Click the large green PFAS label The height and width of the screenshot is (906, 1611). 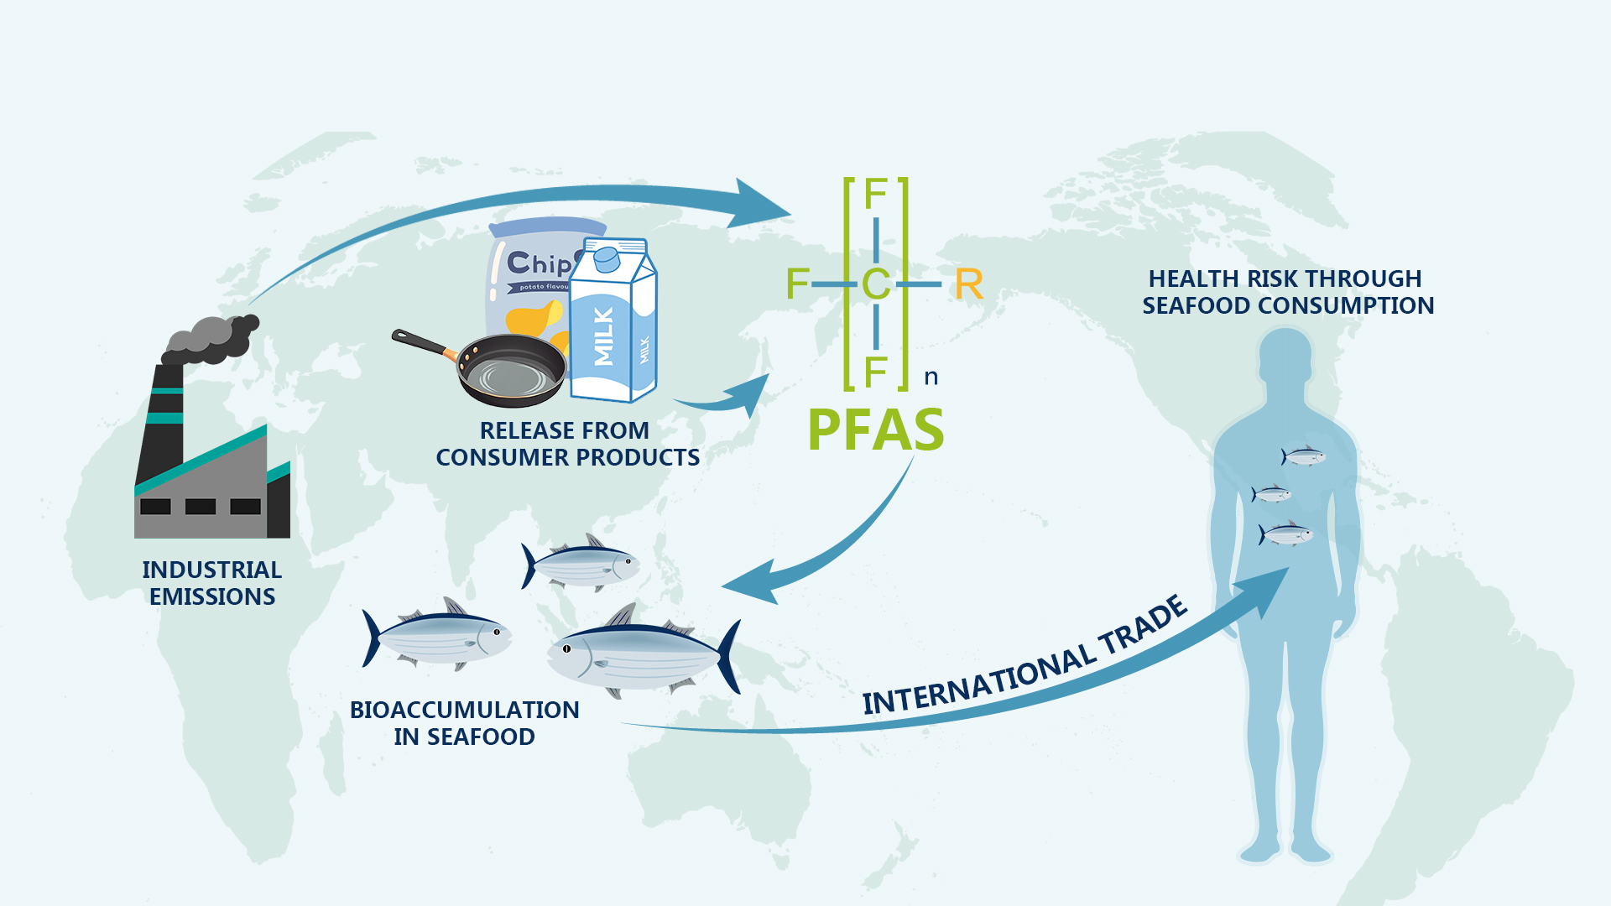coord(875,430)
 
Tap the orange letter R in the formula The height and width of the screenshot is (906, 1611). coord(968,285)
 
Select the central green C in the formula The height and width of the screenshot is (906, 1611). coord(876,284)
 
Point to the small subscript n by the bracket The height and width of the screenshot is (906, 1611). coord(931,377)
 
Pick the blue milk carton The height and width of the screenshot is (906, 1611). coord(613,327)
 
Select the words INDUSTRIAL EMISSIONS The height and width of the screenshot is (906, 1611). coord(211,583)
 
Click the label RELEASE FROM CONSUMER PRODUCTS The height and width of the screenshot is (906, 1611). coord(567,444)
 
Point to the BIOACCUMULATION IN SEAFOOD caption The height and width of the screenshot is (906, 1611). coord(464,723)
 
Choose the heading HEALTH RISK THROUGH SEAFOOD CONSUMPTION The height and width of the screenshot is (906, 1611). coord(1288,292)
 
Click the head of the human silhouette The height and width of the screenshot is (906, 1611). coord(1285,357)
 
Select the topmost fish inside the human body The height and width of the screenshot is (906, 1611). coord(1303,456)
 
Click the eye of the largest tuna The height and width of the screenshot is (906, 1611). coord(566,648)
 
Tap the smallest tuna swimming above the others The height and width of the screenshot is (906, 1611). coord(581,563)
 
